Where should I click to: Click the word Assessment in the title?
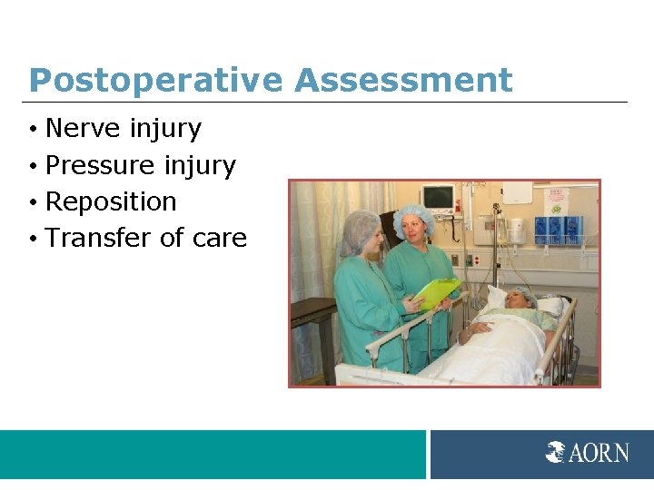403,81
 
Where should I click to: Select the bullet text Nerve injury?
123,129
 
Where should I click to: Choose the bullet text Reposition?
110,201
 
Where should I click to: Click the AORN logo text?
599,452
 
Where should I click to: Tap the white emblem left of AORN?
556,452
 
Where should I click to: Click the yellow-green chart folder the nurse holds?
436,292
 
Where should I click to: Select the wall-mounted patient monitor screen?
438,197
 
